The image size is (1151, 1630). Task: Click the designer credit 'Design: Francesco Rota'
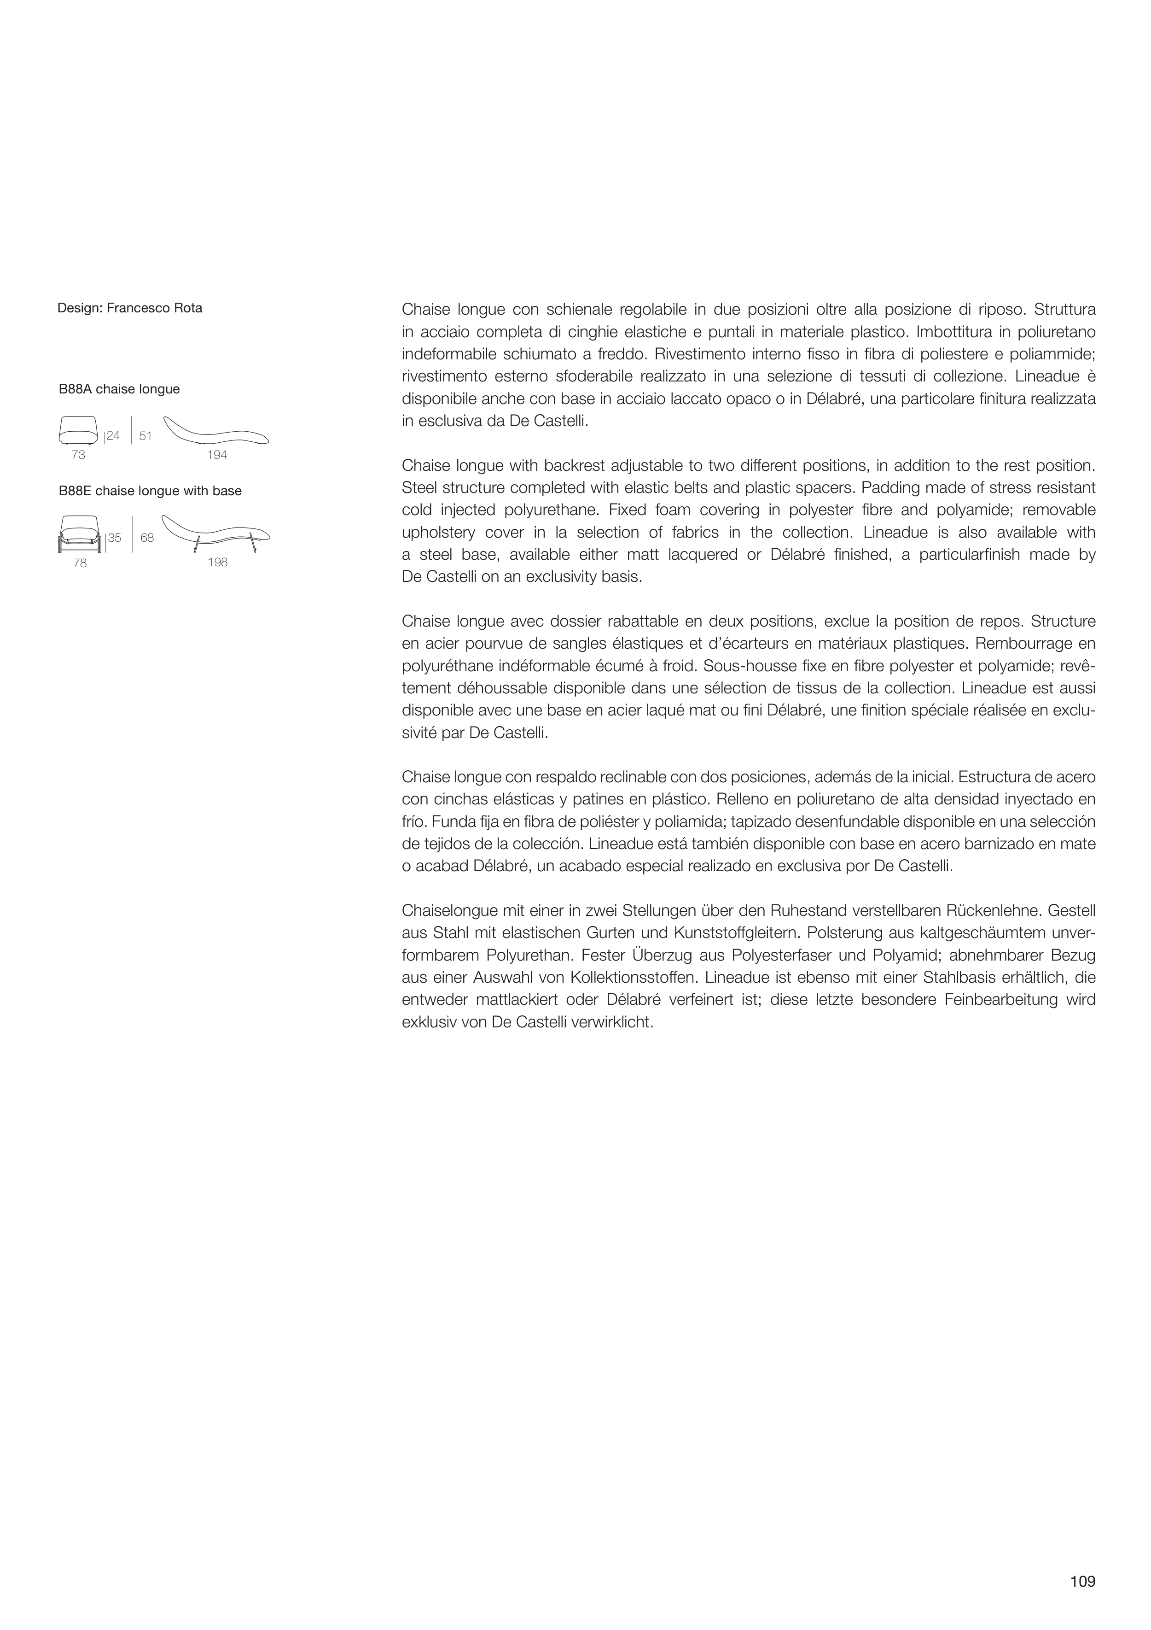(130, 308)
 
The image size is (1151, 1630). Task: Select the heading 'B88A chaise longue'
(119, 389)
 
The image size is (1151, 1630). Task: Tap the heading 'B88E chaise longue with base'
(150, 491)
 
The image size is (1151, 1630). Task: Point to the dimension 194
(217, 455)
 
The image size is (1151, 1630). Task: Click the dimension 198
(218, 562)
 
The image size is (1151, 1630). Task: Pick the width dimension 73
(78, 455)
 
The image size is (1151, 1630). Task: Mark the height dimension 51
(145, 436)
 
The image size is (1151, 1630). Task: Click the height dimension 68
(147, 538)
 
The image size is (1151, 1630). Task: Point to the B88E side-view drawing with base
(216, 533)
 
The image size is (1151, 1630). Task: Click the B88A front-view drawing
(79, 429)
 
